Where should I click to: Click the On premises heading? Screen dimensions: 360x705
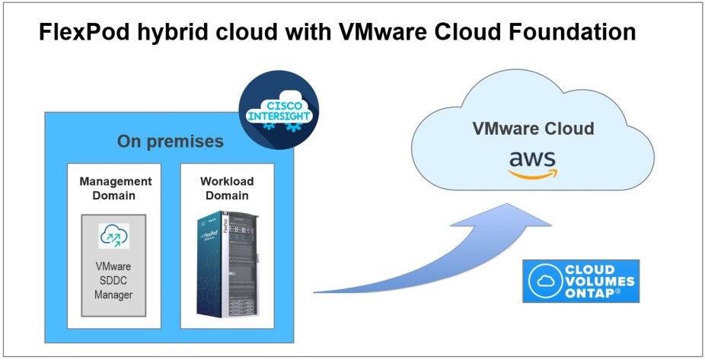[x=170, y=142]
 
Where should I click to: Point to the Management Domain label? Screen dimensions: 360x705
[x=116, y=188]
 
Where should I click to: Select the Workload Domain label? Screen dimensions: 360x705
[x=227, y=188]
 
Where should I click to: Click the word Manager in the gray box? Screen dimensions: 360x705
[x=114, y=294]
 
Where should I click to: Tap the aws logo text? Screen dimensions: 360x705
[x=533, y=159]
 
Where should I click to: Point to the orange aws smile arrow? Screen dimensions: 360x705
[x=533, y=174]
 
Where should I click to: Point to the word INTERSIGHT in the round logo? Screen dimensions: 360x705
[x=279, y=116]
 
